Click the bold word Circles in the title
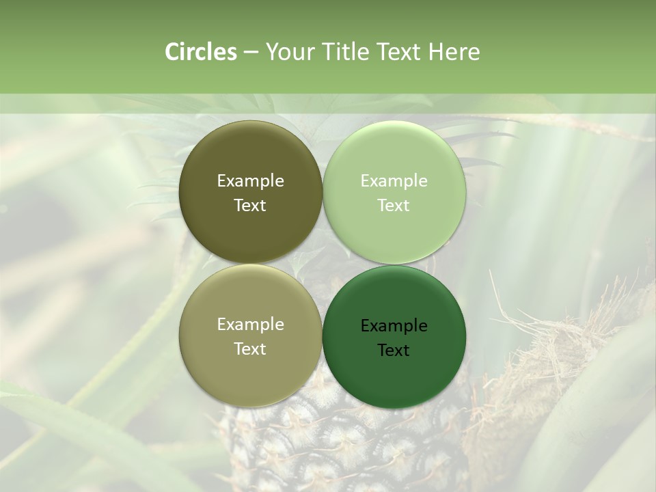click(x=200, y=52)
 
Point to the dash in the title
click(x=251, y=53)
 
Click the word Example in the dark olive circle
click(x=250, y=181)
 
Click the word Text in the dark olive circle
click(x=250, y=206)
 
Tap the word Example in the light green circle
click(x=394, y=181)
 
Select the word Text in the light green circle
click(x=394, y=206)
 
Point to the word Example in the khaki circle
click(x=250, y=325)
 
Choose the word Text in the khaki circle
click(x=250, y=349)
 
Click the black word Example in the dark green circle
click(x=394, y=326)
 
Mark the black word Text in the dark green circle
click(x=394, y=351)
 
